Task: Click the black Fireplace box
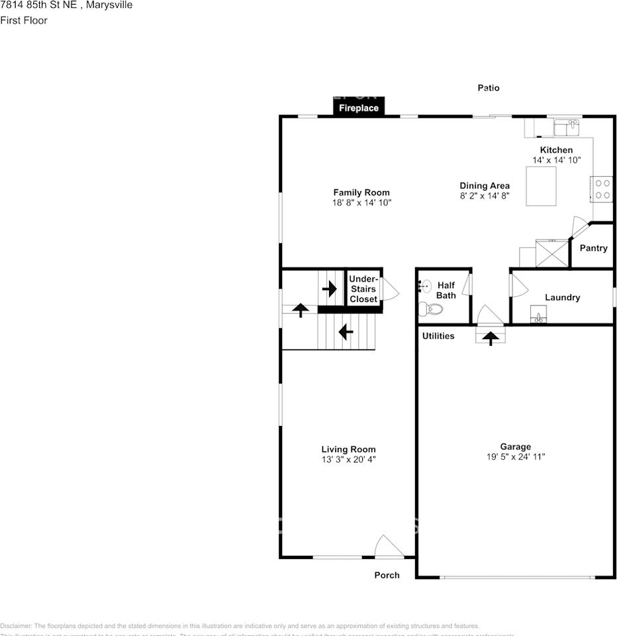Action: (x=359, y=107)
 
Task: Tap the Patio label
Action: (x=489, y=87)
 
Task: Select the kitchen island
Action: (x=541, y=187)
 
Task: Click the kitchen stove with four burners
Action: (x=602, y=188)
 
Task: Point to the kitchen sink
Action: (x=566, y=126)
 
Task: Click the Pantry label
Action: (x=593, y=248)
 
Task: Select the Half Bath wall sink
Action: (x=423, y=286)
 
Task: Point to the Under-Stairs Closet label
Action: (x=363, y=289)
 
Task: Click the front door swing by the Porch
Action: (x=388, y=547)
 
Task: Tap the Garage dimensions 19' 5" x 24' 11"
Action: (x=515, y=457)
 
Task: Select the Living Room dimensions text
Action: (x=348, y=459)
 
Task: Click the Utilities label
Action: (x=438, y=336)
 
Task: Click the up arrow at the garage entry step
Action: (x=490, y=338)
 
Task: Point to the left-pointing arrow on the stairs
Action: (x=346, y=330)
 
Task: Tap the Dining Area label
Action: (x=485, y=186)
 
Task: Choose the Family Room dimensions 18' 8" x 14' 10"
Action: (x=361, y=203)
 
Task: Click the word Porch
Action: (x=387, y=575)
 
